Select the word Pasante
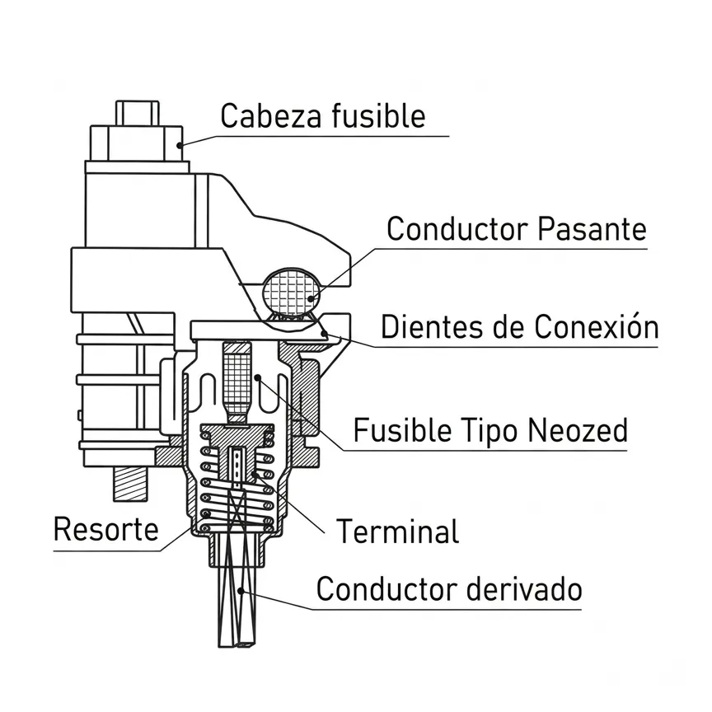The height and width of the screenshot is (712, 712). [x=593, y=228]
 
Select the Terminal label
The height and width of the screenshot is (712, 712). [x=398, y=531]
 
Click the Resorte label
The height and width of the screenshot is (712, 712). [x=105, y=528]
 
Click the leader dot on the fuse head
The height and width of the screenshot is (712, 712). [x=180, y=145]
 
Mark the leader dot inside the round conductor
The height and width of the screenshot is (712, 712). [x=311, y=298]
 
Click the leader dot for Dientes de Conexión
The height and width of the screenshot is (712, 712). [x=324, y=334]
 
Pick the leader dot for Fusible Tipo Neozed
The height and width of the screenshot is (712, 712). [x=258, y=377]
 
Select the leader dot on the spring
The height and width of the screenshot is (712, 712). [x=207, y=514]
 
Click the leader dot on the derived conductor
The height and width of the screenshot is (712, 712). [x=241, y=591]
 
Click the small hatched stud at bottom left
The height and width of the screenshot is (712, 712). [x=130, y=484]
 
